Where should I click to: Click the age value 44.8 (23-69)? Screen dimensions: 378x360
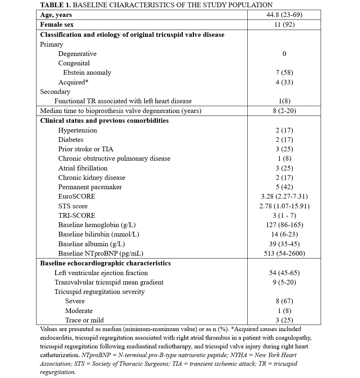pyautogui.click(x=284, y=15)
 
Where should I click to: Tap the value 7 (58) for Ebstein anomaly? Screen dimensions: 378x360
pyautogui.click(x=284, y=73)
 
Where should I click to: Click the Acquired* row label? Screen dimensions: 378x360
pyautogui.click(x=73, y=82)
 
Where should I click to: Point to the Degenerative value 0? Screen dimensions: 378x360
pyautogui.click(x=284, y=54)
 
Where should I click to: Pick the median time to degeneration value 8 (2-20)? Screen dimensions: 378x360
pyautogui.click(x=284, y=111)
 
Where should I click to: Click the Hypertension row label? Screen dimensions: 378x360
pyautogui.click(x=78, y=130)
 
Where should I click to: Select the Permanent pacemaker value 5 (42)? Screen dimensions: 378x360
pyautogui.click(x=284, y=187)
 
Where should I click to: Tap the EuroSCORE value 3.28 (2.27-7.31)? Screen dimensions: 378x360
pyautogui.click(x=284, y=196)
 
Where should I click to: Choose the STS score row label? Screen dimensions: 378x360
pyautogui.click(x=73, y=206)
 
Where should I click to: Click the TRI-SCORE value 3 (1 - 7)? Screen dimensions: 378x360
pyautogui.click(x=284, y=216)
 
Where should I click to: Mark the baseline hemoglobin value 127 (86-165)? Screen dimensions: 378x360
pyautogui.click(x=284, y=225)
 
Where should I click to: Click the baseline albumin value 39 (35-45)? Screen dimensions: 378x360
pyautogui.click(x=284, y=244)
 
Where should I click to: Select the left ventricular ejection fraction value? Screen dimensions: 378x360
pyautogui.click(x=284, y=273)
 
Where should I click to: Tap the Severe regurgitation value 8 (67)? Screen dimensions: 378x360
pyautogui.click(x=284, y=301)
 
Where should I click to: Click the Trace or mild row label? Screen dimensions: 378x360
pyautogui.click(x=84, y=320)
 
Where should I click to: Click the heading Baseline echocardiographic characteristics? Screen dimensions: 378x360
pyautogui.click(x=105, y=263)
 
